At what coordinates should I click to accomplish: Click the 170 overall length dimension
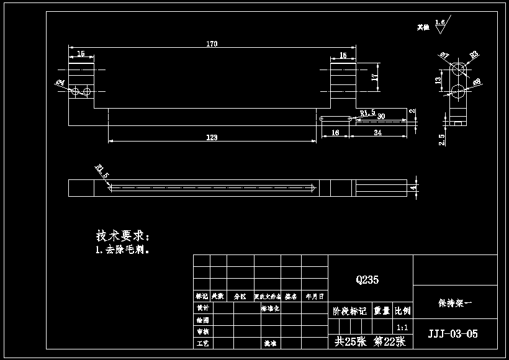(x=212, y=44)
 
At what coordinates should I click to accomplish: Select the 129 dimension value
(x=212, y=137)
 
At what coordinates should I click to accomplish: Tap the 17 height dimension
(x=374, y=77)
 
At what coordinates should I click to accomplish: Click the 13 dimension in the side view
(x=438, y=80)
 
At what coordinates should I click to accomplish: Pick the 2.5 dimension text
(x=441, y=140)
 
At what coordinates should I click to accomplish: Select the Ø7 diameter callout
(x=444, y=56)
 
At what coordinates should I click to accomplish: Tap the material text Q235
(x=367, y=280)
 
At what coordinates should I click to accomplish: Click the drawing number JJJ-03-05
(x=453, y=334)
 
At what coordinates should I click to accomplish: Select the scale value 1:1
(x=402, y=327)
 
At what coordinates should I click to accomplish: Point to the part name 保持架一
(x=455, y=304)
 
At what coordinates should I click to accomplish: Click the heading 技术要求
(x=122, y=236)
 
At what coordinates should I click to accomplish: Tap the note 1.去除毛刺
(x=122, y=250)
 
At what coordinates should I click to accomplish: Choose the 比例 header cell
(x=402, y=311)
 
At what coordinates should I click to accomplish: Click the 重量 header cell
(x=381, y=311)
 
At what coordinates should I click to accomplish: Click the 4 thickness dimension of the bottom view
(x=412, y=187)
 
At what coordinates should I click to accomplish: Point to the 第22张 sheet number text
(x=389, y=341)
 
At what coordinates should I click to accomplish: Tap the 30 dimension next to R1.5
(x=381, y=116)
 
